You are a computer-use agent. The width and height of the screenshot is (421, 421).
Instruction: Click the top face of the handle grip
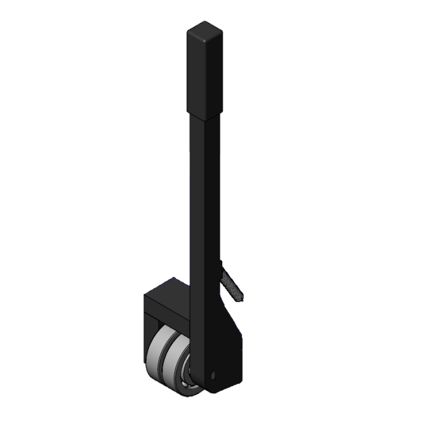coord(203,30)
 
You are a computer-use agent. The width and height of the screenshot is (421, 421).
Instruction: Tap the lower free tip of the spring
coord(241,297)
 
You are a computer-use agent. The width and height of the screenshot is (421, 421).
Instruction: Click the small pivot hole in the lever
coord(214,375)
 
